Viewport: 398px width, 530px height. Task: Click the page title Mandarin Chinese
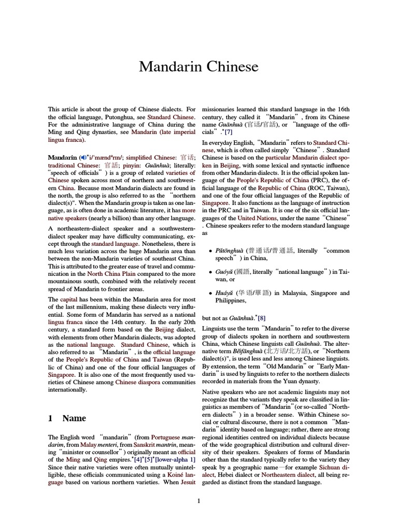(x=198, y=67)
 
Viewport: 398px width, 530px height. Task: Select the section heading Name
(x=74, y=418)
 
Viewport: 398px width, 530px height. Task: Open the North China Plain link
(x=108, y=274)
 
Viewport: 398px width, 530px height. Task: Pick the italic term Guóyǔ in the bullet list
(x=224, y=272)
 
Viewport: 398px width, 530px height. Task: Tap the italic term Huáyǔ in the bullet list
(x=224, y=293)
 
